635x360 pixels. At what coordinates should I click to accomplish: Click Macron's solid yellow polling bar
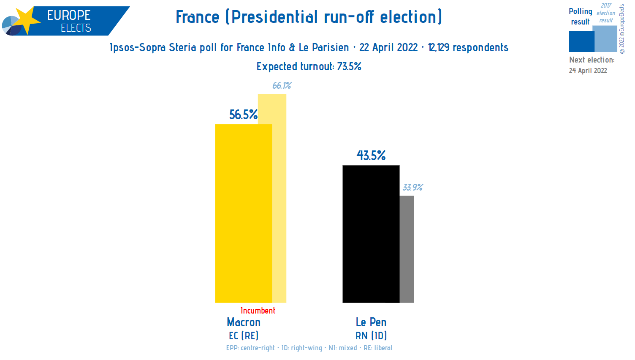click(x=243, y=213)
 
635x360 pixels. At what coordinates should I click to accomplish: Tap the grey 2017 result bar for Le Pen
click(x=407, y=249)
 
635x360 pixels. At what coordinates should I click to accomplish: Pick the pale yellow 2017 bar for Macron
click(x=279, y=199)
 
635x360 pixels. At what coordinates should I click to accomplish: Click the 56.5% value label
click(x=243, y=115)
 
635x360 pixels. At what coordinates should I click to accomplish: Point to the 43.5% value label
click(x=371, y=155)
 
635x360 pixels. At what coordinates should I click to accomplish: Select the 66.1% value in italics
click(x=282, y=86)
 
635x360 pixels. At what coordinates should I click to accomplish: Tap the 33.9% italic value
click(x=412, y=187)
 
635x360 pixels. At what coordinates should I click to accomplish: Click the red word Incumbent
click(x=258, y=311)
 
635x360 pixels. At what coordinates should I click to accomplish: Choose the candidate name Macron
click(x=244, y=322)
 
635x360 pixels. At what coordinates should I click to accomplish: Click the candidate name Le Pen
click(x=371, y=322)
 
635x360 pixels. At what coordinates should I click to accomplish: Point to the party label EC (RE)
click(x=244, y=335)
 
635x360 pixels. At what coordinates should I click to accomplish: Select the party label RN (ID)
click(x=371, y=335)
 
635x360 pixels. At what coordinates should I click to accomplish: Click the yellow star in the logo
click(x=26, y=20)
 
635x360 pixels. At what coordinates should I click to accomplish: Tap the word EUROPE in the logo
click(x=69, y=15)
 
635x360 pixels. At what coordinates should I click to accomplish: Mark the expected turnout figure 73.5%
click(x=349, y=66)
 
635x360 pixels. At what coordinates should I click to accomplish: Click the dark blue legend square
click(x=581, y=41)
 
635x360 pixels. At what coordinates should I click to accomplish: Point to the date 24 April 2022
click(x=588, y=71)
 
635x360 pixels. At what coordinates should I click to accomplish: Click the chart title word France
click(x=198, y=17)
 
